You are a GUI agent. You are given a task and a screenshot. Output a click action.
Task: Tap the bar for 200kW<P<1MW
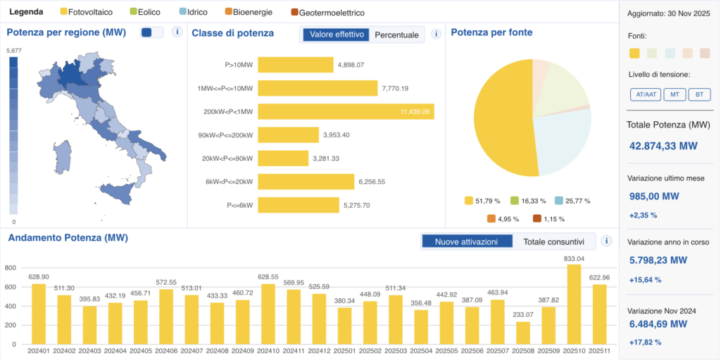[346, 111]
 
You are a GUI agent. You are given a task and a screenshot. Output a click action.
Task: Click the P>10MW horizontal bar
[295, 65]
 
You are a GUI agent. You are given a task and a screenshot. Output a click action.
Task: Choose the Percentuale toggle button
[396, 35]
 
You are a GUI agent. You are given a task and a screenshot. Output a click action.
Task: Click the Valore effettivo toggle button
[336, 35]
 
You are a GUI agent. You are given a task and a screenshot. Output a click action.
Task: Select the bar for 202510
[574, 304]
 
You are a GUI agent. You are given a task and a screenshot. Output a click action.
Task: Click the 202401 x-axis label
[39, 351]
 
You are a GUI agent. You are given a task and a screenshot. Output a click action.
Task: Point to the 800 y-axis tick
[10, 268]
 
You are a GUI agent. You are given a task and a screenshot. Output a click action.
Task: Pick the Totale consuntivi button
[554, 242]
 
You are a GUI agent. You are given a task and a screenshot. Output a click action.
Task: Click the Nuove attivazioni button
[466, 242]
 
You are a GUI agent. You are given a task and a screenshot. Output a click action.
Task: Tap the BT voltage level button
[699, 94]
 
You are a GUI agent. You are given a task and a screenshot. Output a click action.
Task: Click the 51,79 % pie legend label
[486, 201]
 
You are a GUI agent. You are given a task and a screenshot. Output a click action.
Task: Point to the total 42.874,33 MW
[663, 146]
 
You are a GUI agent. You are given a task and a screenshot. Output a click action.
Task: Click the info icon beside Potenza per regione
[177, 32]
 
